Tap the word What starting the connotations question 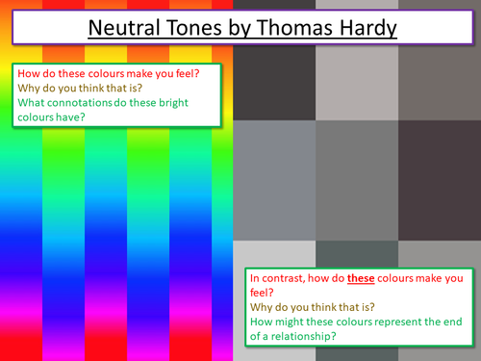(x=33, y=104)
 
